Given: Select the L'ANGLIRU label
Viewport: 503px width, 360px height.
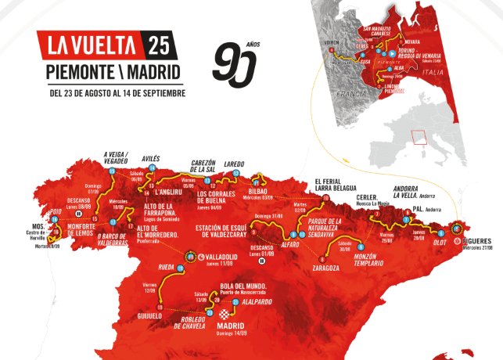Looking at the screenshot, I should (168, 192).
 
